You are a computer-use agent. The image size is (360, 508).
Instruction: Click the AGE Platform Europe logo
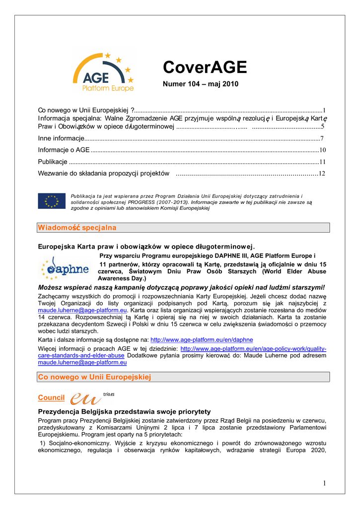pos(103,72)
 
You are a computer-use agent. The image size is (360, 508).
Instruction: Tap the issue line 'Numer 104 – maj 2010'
pos(201,84)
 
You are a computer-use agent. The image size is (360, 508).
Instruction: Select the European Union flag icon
pos(51,201)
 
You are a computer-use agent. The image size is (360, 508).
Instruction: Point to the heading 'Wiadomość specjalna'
pos(77,228)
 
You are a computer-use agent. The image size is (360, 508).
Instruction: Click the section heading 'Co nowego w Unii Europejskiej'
pos(94,378)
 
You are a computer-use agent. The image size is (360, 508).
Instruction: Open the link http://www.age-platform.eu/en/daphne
pos(201,340)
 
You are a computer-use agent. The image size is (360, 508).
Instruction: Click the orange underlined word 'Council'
pos(51,398)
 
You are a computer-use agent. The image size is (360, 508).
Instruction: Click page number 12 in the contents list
pos(322,174)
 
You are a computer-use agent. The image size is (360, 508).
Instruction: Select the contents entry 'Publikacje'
pos(53,162)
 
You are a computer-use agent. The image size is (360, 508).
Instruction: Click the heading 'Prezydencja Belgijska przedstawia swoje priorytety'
pos(124,412)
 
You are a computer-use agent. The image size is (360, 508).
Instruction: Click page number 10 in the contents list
pos(322,150)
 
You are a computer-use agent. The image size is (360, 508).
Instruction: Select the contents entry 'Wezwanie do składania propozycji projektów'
pos(104,174)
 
